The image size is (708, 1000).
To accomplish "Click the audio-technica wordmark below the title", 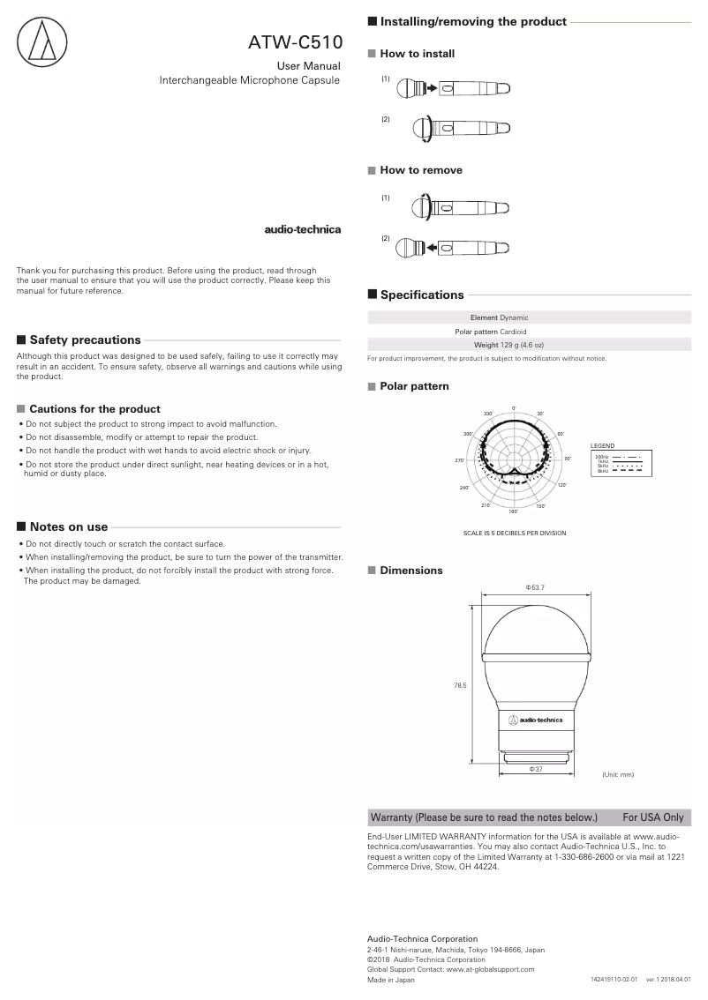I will (x=303, y=230).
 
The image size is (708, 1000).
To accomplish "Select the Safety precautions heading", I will (x=85, y=340).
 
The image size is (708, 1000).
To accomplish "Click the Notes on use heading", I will (x=69, y=526).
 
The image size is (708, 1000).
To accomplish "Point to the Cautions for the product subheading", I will (x=94, y=409).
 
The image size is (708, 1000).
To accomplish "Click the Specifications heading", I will (x=421, y=295).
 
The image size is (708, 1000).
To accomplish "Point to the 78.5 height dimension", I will (x=459, y=684).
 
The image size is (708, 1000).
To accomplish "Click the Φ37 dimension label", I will (x=535, y=770).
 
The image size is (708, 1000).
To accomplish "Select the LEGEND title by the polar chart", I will (x=602, y=446).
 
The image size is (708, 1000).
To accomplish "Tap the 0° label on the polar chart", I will (x=513, y=407).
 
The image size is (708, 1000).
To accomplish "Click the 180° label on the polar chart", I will (x=513, y=511).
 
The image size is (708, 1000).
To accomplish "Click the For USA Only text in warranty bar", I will (x=652, y=817).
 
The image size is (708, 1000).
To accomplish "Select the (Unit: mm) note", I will (x=618, y=774).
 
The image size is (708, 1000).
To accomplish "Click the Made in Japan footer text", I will (x=390, y=979).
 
